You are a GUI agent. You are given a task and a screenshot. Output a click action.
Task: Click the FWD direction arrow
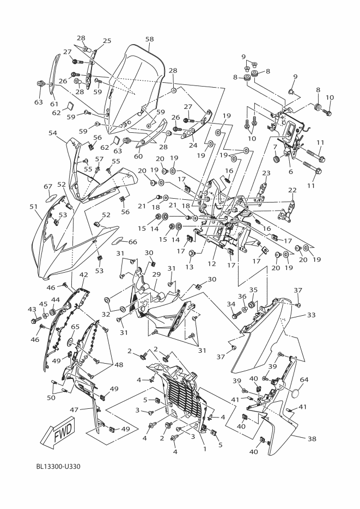[x=60, y=432]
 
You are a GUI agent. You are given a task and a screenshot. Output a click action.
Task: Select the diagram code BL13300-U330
[x=58, y=467]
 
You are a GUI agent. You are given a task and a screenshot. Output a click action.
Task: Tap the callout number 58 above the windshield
[x=149, y=39]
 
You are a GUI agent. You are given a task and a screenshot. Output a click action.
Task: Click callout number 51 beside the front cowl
[x=34, y=206]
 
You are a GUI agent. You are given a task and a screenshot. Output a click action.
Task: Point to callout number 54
[x=53, y=133]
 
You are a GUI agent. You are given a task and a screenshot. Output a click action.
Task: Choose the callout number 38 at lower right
[x=312, y=439]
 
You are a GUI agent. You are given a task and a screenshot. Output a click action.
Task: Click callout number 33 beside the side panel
[x=311, y=315]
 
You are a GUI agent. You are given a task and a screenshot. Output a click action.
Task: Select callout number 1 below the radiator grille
[x=205, y=449]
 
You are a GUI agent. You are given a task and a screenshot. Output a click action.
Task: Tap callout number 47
[x=74, y=410]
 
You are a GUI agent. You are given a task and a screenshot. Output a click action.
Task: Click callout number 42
[x=83, y=274]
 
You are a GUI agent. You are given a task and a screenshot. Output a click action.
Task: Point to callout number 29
[x=156, y=274]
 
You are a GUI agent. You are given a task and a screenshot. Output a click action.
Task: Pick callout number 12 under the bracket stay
[x=212, y=264]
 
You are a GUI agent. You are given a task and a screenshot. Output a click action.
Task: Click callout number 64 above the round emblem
[x=304, y=379]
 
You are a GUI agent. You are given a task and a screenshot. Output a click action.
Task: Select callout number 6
[x=290, y=171]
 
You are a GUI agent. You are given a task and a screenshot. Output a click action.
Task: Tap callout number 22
[x=292, y=190]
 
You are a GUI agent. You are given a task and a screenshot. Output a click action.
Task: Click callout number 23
[x=266, y=173]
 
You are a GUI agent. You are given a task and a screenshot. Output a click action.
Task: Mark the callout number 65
[x=75, y=327]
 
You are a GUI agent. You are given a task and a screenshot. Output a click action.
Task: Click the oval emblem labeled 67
[x=51, y=197]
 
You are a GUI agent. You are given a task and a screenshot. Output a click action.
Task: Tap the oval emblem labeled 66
[x=117, y=241]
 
